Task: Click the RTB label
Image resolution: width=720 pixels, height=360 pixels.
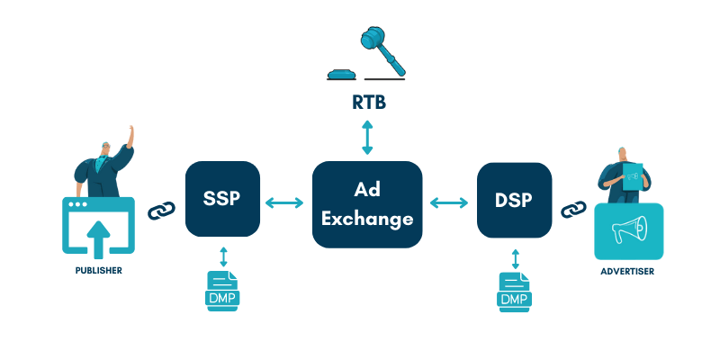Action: pos(367,102)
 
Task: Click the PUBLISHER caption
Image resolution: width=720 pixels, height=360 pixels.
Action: pos(98,269)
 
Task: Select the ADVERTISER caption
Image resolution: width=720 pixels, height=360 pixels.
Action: pos(628,270)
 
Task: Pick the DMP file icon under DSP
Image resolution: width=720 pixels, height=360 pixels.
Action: pos(514,291)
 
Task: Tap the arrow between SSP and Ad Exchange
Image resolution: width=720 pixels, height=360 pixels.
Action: pos(284,204)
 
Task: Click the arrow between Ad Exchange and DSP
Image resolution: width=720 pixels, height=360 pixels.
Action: pos(450,204)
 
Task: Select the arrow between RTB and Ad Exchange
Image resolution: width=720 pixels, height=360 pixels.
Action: pos(367,138)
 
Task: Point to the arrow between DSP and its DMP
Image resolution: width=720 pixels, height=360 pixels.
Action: pos(515,259)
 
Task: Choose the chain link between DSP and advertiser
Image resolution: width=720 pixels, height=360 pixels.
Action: pos(572,210)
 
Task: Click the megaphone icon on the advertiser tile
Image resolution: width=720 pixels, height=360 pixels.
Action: pos(628,231)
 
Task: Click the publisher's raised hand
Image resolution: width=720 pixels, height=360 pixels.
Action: pos(131,132)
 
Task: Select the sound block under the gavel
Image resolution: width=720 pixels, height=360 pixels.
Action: pos(344,75)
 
